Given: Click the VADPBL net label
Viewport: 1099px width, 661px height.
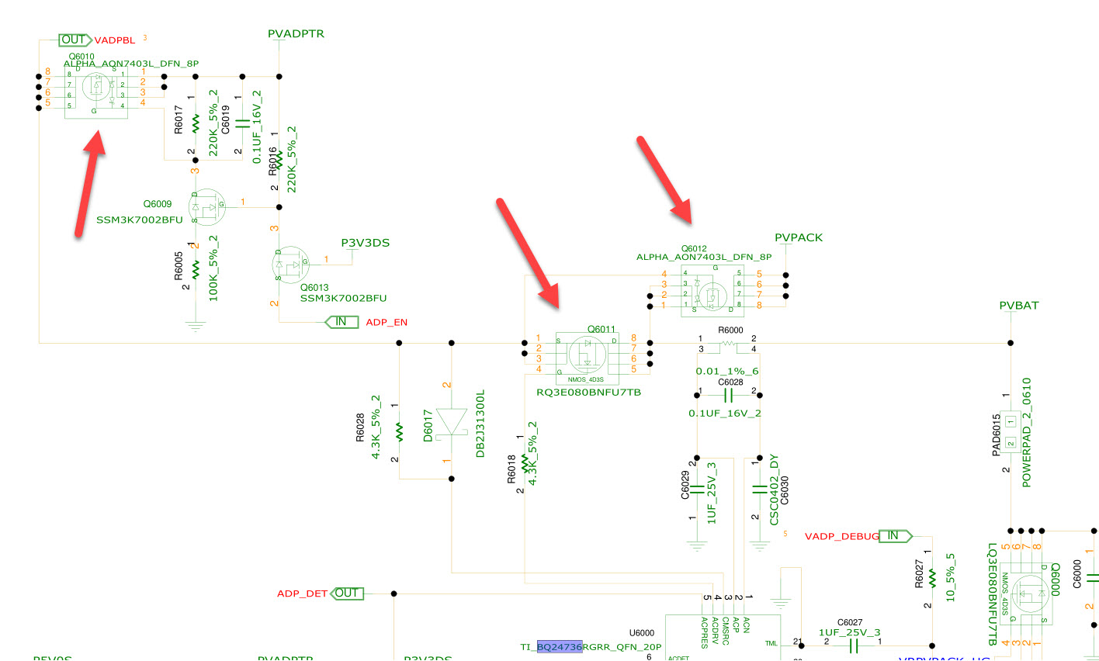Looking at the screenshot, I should click(114, 40).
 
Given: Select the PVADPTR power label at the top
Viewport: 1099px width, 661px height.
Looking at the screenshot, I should click(296, 34).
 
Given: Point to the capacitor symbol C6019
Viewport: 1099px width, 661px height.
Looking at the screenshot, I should click(242, 123).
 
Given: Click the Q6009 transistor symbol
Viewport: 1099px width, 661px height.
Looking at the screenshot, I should click(206, 206).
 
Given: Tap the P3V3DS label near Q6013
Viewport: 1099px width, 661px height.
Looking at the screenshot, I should click(365, 243).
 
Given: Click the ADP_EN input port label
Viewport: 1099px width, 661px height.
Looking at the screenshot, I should click(387, 322).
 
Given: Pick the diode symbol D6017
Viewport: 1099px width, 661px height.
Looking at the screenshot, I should click(452, 423).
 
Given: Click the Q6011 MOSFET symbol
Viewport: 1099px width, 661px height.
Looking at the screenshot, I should click(588, 354).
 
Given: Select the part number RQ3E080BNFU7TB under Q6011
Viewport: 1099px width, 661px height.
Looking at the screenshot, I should click(588, 393).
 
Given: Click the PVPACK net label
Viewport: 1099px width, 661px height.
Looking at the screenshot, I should click(798, 237).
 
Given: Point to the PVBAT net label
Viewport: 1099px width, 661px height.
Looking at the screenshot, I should click(1018, 306).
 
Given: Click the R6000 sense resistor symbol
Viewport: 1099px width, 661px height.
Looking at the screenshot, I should click(727, 344).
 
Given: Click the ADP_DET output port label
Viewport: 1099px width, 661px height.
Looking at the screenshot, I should click(302, 594).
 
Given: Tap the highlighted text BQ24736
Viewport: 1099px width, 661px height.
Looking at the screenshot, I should click(559, 646).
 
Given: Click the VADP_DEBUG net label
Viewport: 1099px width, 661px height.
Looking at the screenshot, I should click(841, 536).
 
